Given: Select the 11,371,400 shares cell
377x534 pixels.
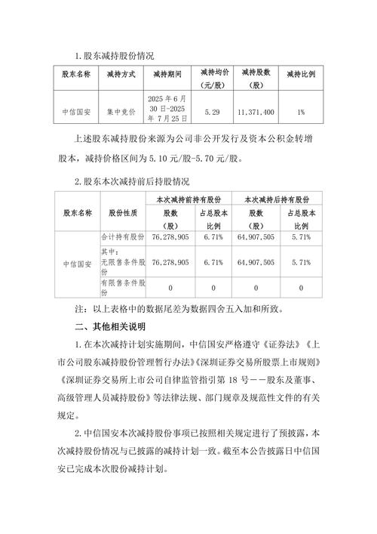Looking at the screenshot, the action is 256,112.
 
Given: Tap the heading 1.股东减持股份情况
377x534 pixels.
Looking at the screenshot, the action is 114,57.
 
